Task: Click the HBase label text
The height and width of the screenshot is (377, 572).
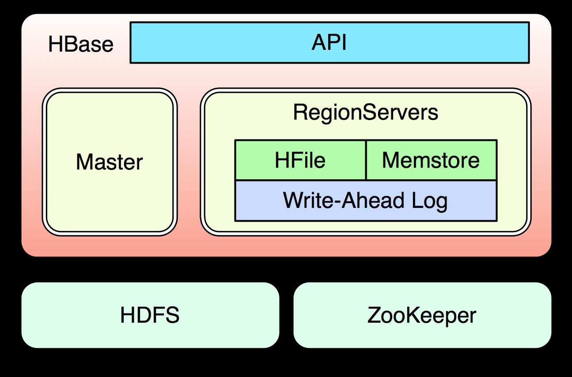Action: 80,44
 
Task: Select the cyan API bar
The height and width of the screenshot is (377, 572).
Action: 221,43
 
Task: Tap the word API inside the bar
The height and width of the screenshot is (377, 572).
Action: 329,43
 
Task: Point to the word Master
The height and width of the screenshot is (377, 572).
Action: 110,162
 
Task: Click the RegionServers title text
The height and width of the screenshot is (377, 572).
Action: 365,112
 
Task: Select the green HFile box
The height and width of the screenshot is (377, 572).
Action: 300,160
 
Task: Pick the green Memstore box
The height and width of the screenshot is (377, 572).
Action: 431,160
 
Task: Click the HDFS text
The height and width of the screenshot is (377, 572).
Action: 150,315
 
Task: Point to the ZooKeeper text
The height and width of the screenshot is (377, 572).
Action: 422,315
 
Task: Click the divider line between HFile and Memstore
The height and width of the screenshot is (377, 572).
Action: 366,160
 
